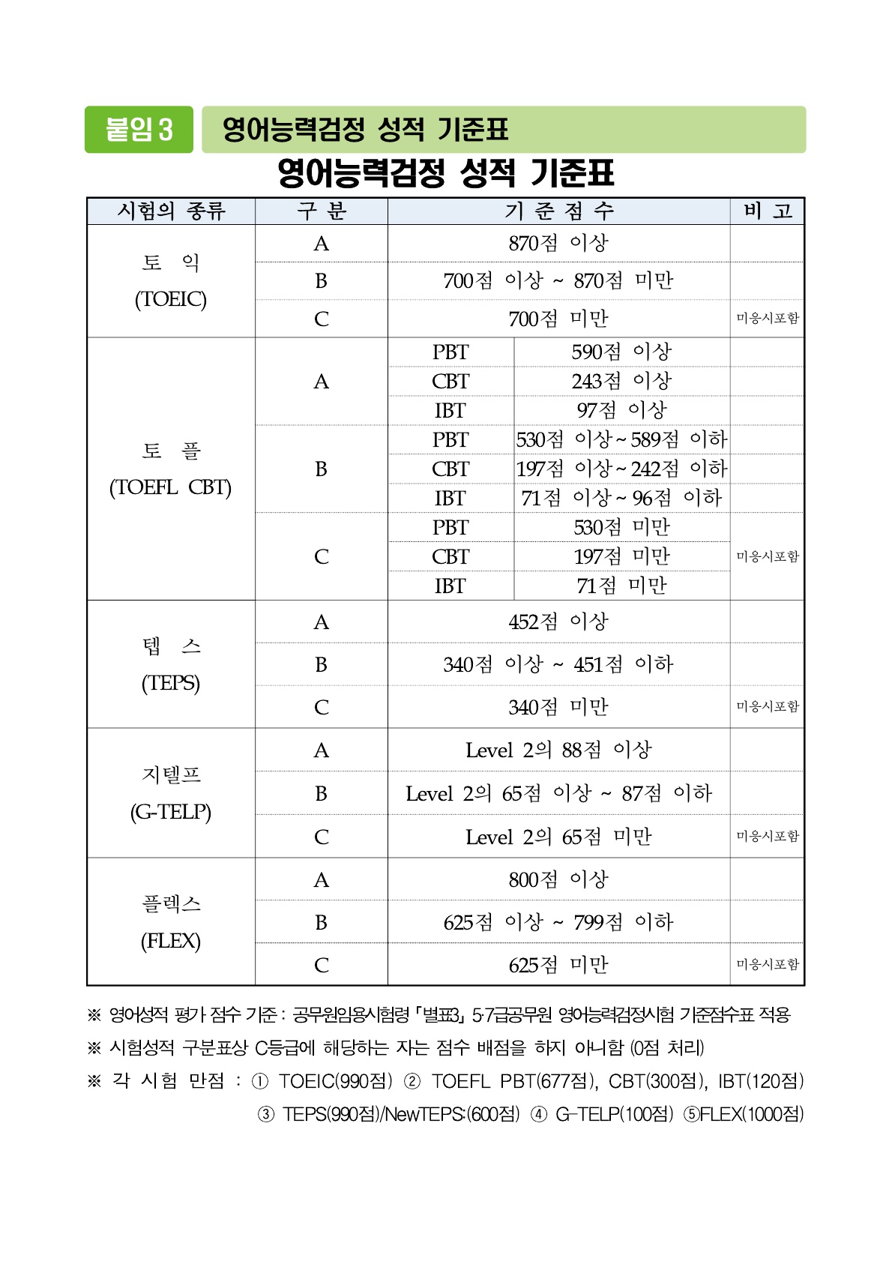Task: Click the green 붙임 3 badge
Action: click(139, 130)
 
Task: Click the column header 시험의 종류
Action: click(171, 211)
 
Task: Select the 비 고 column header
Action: click(768, 211)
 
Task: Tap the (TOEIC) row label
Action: click(171, 299)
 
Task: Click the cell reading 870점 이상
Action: click(558, 244)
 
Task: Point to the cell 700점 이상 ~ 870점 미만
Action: click(558, 281)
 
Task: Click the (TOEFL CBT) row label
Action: click(171, 487)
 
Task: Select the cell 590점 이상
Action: click(621, 352)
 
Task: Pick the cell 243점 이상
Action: click(621, 381)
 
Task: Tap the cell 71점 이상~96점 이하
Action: click(621, 498)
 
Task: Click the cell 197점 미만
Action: click(621, 556)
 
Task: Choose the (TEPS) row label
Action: click(171, 683)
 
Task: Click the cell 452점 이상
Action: click(558, 622)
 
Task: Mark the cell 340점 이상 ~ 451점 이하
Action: click(558, 664)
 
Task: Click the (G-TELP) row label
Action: click(171, 812)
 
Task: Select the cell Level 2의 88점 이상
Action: click(558, 750)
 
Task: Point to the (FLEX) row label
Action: click(171, 941)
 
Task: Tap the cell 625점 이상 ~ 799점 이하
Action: click(558, 922)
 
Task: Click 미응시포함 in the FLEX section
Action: click(768, 964)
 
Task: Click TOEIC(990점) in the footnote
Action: click(335, 1081)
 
